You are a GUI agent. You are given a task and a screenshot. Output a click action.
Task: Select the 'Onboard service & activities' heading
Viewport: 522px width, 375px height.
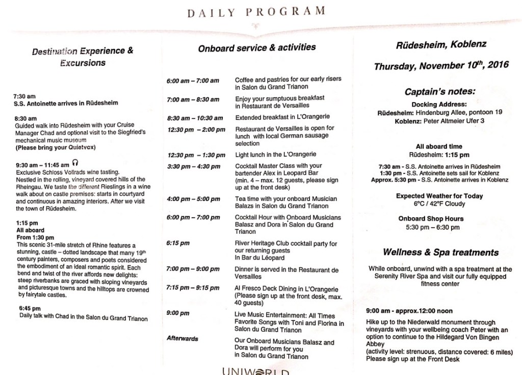pyautogui.click(x=256, y=47)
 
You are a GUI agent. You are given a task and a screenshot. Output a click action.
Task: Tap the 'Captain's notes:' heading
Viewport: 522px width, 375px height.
pyautogui.click(x=440, y=92)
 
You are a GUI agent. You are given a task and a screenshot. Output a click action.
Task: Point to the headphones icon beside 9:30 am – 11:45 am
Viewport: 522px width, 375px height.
pyautogui.click(x=75, y=164)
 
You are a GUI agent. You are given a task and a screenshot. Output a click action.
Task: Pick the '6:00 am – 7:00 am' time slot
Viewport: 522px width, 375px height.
pyautogui.click(x=193, y=81)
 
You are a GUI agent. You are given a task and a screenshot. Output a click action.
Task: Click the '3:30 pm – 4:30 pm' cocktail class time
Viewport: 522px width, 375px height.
pyautogui.click(x=193, y=166)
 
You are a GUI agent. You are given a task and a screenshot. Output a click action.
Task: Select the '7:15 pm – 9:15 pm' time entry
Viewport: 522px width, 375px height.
pyautogui.click(x=193, y=288)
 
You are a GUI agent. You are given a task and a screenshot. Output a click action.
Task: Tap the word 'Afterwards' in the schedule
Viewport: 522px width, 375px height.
pyautogui.click(x=182, y=338)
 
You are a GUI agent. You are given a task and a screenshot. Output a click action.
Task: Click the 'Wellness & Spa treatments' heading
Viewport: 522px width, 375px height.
pyautogui.click(x=440, y=253)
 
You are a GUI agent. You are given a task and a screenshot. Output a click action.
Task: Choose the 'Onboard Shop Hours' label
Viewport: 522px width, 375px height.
pyautogui.click(x=438, y=219)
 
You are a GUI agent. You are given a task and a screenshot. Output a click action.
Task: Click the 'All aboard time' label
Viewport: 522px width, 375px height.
pyautogui.click(x=439, y=146)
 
